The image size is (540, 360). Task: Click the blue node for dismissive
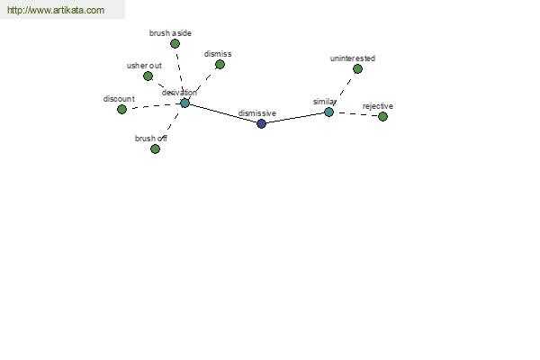click(261, 123)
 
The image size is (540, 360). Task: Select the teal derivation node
click(184, 103)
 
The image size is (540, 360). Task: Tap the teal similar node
click(328, 112)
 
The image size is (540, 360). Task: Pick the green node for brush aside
click(175, 44)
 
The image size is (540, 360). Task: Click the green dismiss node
click(220, 65)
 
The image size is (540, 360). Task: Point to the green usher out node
click(148, 76)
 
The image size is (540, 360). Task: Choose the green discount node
click(121, 110)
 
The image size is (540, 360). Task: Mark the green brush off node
click(155, 148)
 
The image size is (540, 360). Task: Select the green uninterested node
click(357, 69)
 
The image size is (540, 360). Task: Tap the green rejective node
click(382, 116)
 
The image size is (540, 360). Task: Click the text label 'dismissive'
click(257, 113)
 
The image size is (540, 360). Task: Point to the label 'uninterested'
click(353, 58)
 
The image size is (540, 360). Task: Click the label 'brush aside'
click(170, 33)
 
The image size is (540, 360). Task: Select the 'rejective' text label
click(378, 106)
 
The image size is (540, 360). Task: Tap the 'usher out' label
click(144, 66)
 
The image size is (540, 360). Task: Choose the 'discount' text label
click(119, 99)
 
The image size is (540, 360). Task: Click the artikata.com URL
click(56, 10)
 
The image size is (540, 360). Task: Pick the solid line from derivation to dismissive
click(223, 113)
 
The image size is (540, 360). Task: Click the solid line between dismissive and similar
click(295, 118)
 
